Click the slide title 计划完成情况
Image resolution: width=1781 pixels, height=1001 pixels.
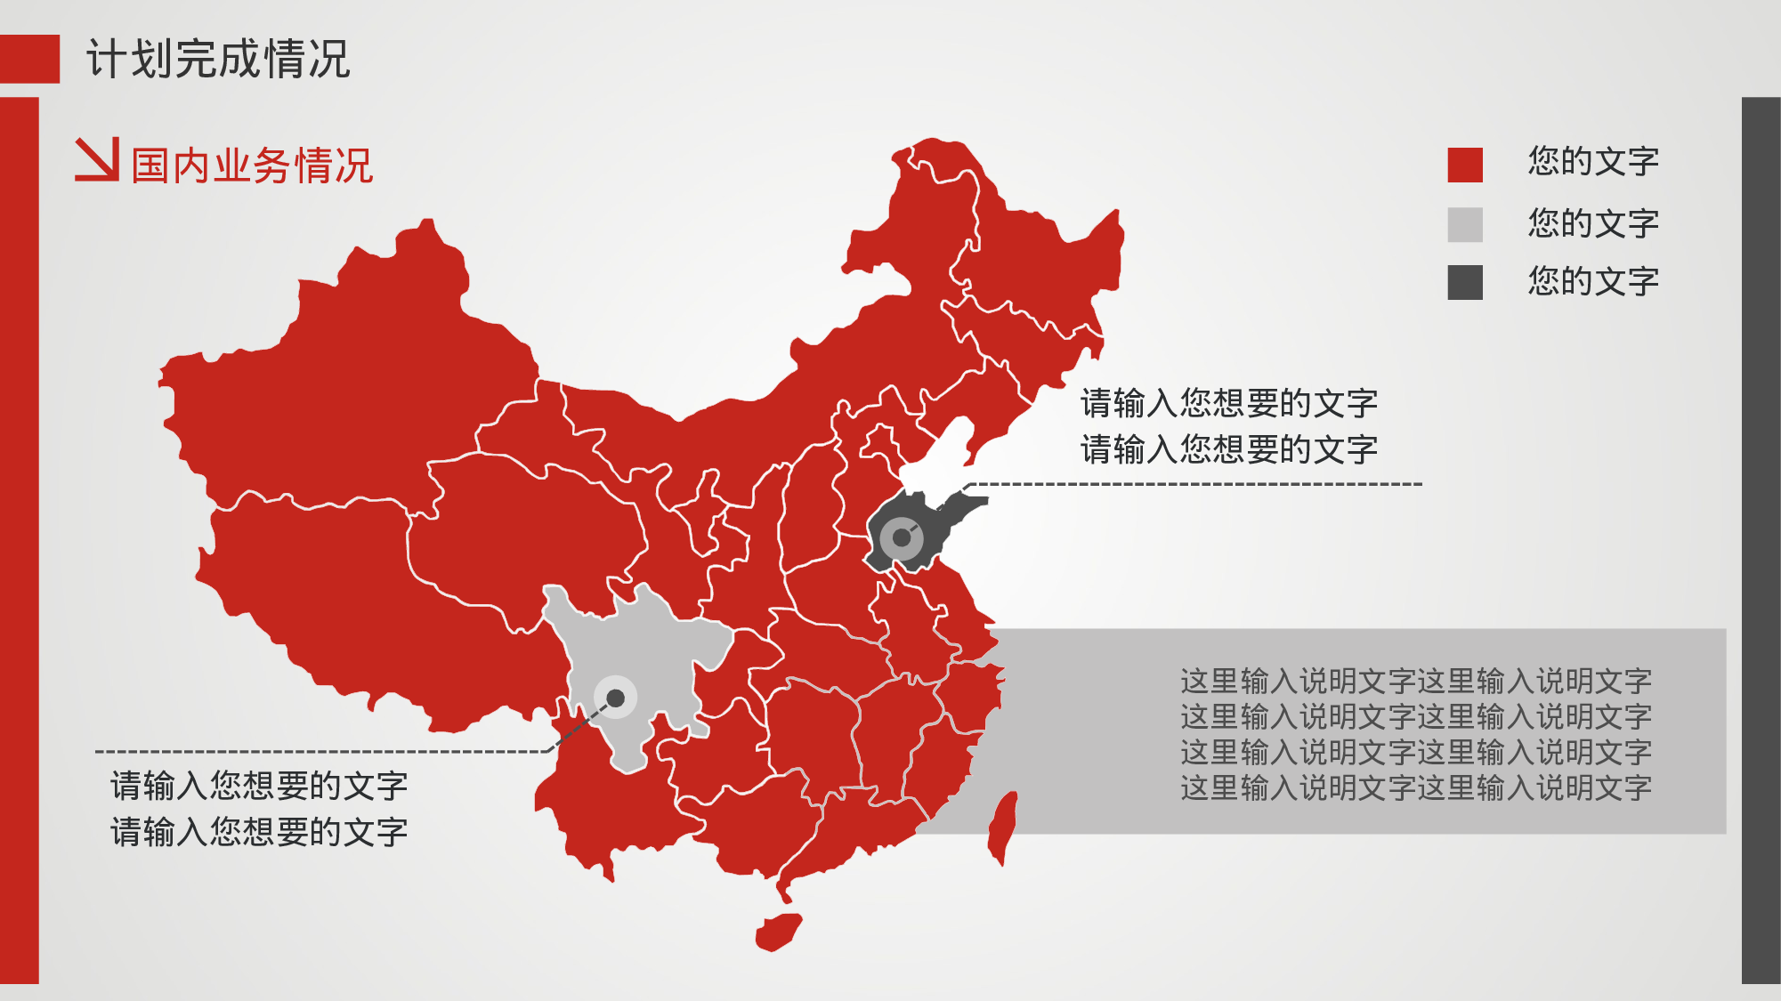(x=218, y=60)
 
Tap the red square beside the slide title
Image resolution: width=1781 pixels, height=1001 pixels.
(x=29, y=59)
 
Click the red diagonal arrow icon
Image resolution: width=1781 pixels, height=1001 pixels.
(x=97, y=159)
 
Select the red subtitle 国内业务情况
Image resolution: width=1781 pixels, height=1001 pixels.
(x=252, y=166)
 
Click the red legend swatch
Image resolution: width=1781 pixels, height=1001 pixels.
(x=1464, y=165)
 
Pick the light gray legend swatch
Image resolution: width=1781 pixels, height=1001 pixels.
(x=1464, y=224)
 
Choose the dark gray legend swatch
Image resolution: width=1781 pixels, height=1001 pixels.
(x=1464, y=282)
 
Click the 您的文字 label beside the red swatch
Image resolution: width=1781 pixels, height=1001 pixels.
(x=1593, y=162)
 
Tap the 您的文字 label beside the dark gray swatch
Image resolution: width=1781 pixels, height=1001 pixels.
(x=1593, y=282)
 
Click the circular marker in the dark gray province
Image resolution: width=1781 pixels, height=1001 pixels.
(x=902, y=537)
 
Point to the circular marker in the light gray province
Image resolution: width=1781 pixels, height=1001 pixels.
(x=615, y=698)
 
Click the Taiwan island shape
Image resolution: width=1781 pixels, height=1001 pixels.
(x=1003, y=827)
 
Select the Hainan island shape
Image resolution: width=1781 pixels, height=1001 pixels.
(x=778, y=932)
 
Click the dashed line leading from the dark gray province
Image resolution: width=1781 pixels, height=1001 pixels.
(x=1193, y=484)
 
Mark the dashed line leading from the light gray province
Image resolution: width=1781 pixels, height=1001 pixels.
(x=320, y=752)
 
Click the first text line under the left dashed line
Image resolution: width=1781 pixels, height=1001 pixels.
(x=259, y=787)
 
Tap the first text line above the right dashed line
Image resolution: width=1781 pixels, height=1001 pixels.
(x=1228, y=404)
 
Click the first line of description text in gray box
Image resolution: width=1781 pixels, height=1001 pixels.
(x=1415, y=682)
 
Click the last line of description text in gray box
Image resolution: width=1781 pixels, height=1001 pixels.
(x=1415, y=788)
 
